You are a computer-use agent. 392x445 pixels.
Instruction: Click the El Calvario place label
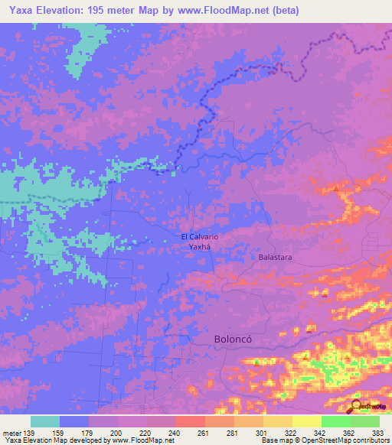[x=200, y=237]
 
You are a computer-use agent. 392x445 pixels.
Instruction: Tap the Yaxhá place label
[x=200, y=248]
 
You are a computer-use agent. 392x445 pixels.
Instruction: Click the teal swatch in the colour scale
[x=45, y=421]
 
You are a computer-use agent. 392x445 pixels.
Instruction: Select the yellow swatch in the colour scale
[x=306, y=421]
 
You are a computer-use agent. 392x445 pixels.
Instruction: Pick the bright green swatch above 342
[x=335, y=421]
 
